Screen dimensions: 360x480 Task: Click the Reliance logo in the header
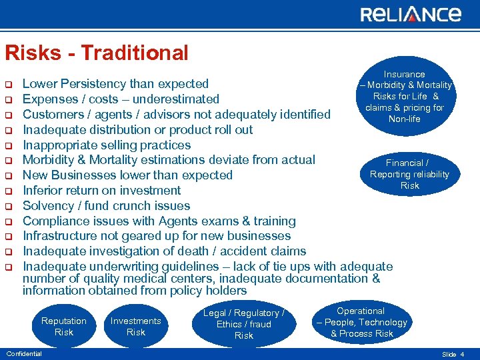click(410, 15)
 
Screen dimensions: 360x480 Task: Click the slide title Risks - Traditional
click(97, 53)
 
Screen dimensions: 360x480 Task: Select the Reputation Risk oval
click(64, 327)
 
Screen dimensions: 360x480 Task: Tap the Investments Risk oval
click(135, 327)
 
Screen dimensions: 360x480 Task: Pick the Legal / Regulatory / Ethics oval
click(243, 324)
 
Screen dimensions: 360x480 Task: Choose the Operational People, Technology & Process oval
click(361, 322)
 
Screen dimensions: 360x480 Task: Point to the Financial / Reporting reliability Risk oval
click(409, 174)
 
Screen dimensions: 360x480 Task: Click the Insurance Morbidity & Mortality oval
click(405, 96)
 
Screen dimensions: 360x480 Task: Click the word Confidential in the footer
click(23, 354)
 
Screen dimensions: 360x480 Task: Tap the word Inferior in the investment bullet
click(43, 191)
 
